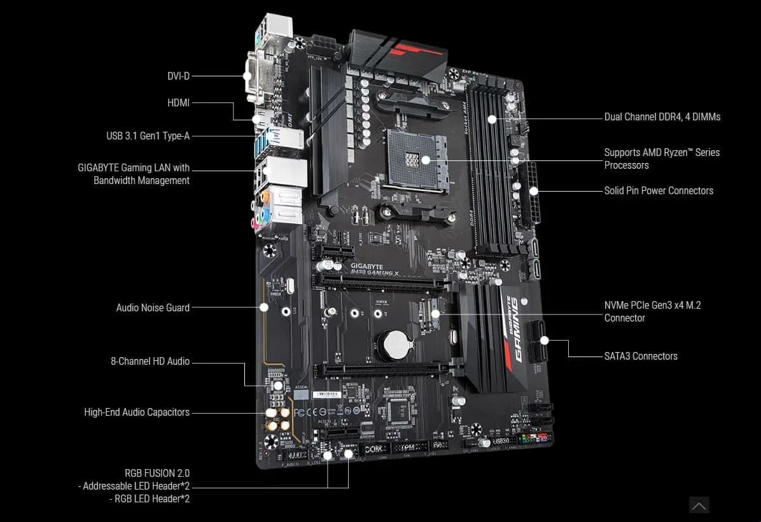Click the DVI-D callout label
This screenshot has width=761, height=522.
[178, 76]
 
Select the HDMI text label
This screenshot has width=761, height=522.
[178, 102]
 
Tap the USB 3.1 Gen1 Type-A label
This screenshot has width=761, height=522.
[148, 136]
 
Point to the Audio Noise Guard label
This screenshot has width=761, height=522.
[153, 307]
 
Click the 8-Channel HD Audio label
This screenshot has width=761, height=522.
[150, 361]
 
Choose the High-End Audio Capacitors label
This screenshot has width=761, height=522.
[137, 412]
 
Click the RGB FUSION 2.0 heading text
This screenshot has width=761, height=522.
[157, 473]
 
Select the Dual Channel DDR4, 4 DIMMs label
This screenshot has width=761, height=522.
[662, 117]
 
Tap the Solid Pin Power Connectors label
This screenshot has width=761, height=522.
[659, 190]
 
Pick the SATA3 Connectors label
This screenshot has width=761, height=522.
[641, 356]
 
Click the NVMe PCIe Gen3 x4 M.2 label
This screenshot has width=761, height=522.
[653, 305]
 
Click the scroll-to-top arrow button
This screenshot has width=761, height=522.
[699, 505]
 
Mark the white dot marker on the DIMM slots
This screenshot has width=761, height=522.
[492, 118]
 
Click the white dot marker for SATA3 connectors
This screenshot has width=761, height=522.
[544, 340]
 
